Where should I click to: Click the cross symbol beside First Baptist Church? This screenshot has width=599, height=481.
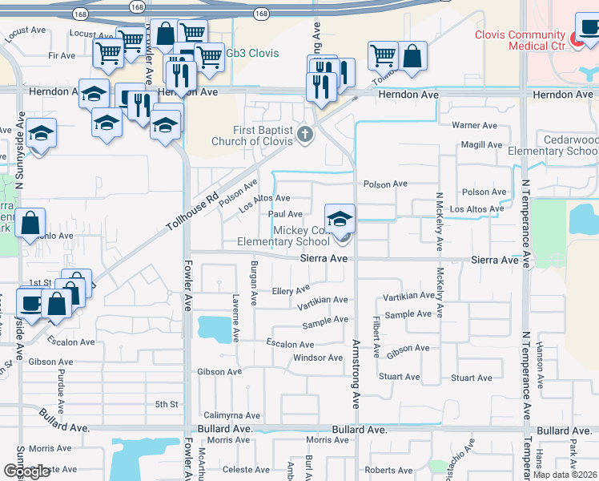(304, 134)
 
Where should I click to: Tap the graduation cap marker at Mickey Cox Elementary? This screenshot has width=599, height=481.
(340, 219)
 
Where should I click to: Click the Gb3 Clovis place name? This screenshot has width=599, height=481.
(251, 54)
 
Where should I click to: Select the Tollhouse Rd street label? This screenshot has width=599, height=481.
(192, 210)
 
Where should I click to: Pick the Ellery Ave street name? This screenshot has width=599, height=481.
(291, 290)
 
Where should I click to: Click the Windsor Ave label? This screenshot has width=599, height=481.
(318, 358)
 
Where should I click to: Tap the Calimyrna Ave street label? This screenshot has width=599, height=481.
(232, 415)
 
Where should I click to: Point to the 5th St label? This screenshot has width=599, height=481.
(166, 404)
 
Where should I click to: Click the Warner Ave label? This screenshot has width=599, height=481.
(475, 126)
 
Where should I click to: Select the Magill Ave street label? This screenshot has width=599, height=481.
(481, 145)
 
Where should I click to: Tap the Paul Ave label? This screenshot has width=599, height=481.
(286, 214)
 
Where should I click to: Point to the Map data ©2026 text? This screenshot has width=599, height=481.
(565, 475)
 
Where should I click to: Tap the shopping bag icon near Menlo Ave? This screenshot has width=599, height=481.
(30, 224)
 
